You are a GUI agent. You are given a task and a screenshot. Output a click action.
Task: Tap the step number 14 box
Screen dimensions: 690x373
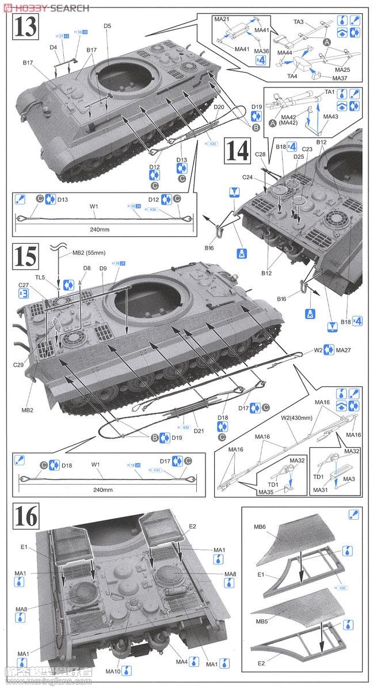point(237,151)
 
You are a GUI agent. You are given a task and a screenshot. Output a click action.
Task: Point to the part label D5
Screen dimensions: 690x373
point(108,26)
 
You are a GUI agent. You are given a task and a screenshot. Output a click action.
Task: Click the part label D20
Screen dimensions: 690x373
point(219,108)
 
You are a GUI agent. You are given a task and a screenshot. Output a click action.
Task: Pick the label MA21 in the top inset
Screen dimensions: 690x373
point(222,20)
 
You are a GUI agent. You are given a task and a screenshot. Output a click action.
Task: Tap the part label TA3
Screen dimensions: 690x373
point(299,22)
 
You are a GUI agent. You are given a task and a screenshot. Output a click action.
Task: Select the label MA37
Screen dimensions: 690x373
point(341,78)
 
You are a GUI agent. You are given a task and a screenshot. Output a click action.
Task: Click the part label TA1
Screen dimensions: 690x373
point(330,92)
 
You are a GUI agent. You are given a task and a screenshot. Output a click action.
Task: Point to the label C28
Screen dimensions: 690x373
point(260,155)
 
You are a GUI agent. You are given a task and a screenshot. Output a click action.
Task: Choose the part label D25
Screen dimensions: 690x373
point(298,156)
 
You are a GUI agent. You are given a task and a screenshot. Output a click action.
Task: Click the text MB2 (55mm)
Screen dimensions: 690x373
point(86,252)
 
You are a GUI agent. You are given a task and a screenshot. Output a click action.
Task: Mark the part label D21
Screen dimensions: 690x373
point(200,431)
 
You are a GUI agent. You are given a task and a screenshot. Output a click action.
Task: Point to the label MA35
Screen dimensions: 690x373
point(266,492)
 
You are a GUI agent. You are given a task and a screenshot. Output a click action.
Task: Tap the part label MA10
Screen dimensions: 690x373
point(113,670)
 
